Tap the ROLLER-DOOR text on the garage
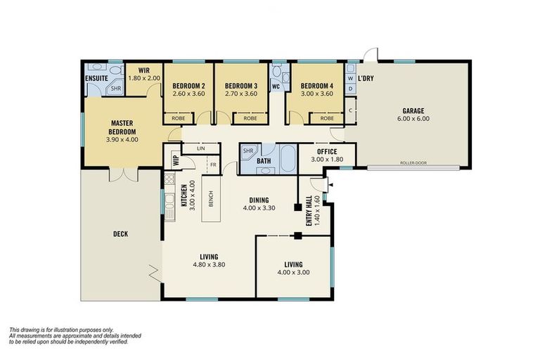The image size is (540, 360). coord(414,162)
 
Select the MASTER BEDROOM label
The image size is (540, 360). coord(122,126)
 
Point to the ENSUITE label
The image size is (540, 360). coord(96,78)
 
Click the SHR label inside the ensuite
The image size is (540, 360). coord(115,89)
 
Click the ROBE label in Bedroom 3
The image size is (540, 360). coord(250,119)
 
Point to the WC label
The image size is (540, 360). coord(277,88)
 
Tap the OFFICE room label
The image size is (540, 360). coord(327,151)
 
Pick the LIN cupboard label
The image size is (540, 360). coord(200,148)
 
